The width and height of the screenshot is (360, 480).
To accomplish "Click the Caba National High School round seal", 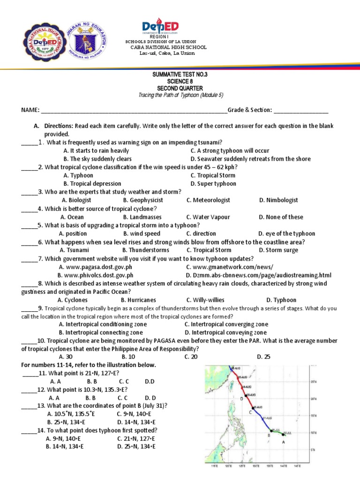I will (x=40, y=41).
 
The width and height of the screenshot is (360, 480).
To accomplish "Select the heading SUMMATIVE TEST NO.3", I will (x=180, y=75).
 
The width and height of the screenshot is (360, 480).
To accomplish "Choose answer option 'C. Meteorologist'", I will (x=208, y=200).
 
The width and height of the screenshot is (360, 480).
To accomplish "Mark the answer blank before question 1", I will (x=29, y=142).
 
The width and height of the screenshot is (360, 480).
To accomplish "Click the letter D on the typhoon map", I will (x=241, y=398).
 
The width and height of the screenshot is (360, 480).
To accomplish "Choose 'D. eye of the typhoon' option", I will (x=286, y=233).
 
